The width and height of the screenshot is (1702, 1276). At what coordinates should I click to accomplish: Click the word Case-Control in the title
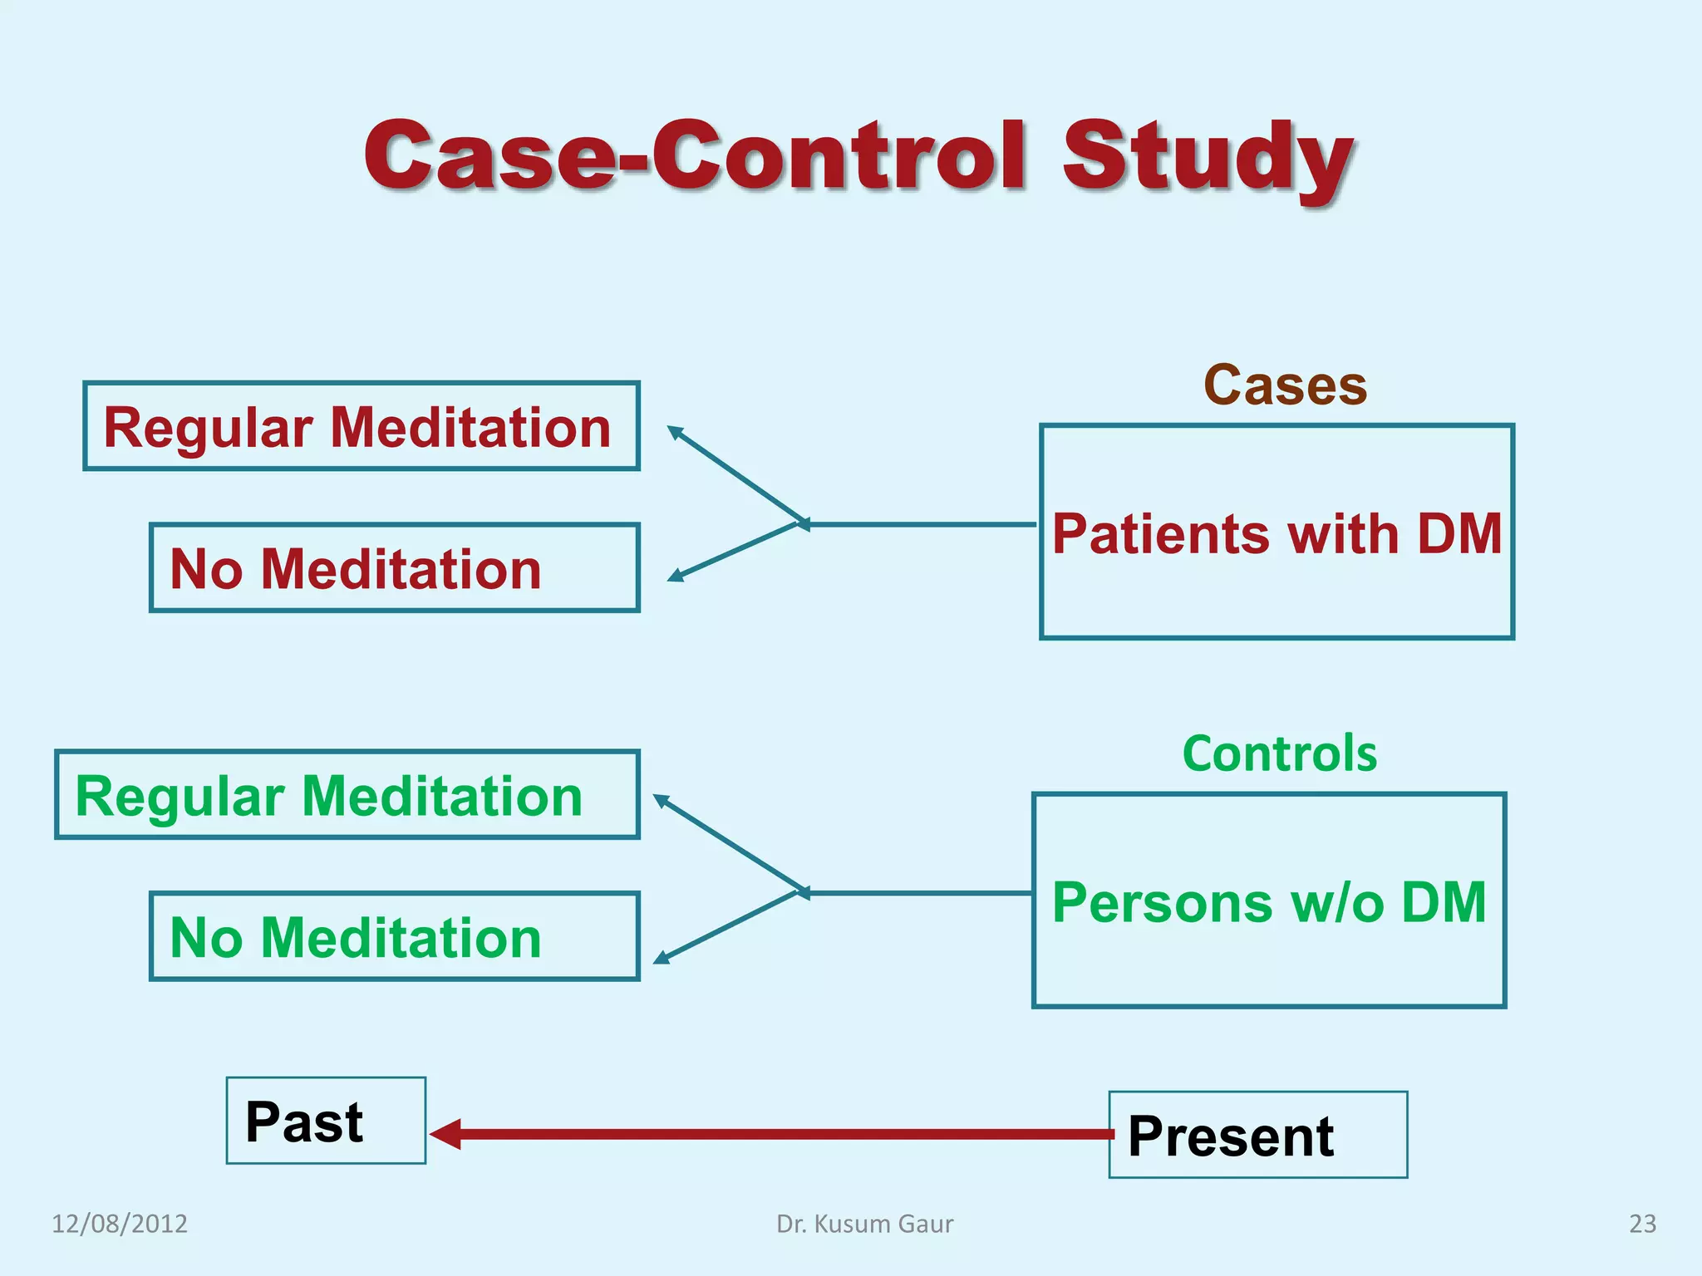pos(695,156)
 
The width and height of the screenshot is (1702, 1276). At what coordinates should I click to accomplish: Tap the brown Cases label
pos(1285,385)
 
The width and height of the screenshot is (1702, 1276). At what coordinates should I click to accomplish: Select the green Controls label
pos(1279,753)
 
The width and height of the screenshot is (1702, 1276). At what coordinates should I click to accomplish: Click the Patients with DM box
pos(1276,532)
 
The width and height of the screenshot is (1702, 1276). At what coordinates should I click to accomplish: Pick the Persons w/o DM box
pos(1269,901)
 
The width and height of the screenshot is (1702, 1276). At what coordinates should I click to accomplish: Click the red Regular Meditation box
pos(361,427)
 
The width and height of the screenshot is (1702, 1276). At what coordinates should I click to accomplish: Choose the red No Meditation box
pos(394,568)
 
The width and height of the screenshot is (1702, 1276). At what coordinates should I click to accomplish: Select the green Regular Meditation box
pos(347,795)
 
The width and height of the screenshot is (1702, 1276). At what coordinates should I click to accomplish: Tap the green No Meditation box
pos(394,937)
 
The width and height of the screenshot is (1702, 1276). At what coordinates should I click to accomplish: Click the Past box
pos(326,1121)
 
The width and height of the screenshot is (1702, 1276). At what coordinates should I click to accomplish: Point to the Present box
pos(1257,1135)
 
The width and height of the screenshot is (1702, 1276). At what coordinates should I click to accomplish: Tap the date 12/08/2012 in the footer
pos(120,1224)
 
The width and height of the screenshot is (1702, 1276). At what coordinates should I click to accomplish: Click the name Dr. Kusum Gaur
pos(864,1224)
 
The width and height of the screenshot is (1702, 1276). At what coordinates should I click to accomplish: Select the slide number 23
pos(1641,1224)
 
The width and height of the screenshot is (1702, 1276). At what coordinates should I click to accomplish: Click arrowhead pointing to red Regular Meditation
pos(674,431)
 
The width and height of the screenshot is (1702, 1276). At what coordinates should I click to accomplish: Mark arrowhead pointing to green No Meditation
pos(661,959)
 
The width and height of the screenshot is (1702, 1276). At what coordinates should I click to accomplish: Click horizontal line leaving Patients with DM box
pos(922,524)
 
